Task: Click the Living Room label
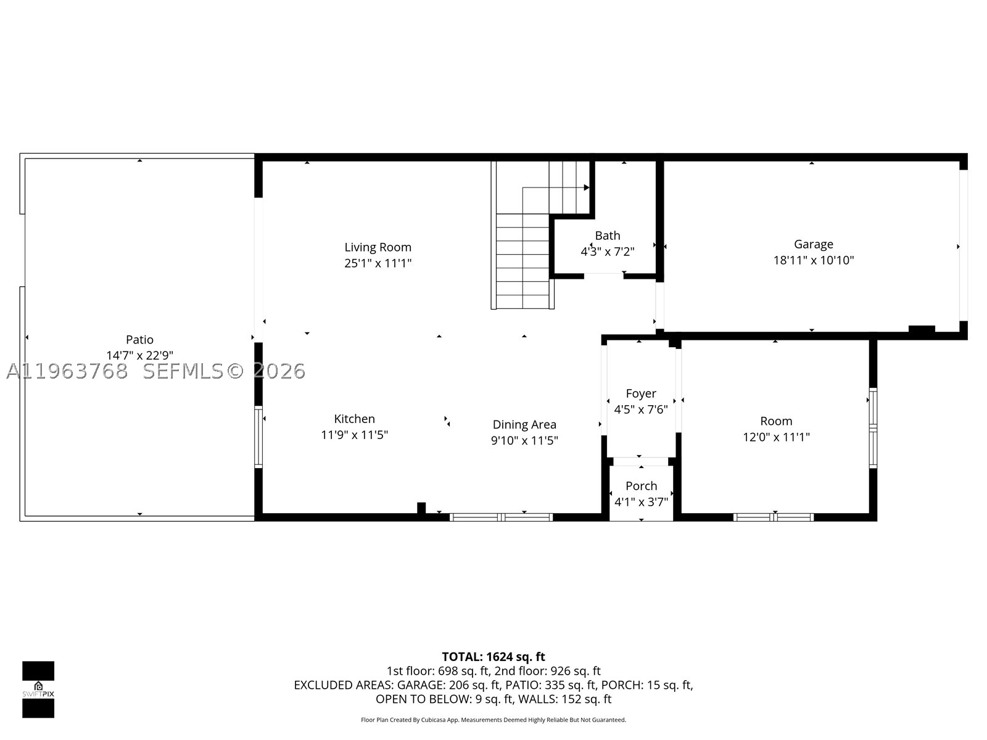point(378,247)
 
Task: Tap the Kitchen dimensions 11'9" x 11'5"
point(354,435)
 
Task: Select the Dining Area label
point(524,425)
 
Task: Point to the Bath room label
point(608,236)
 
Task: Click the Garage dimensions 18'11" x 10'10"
point(814,260)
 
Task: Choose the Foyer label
point(641,393)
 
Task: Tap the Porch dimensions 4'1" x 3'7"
point(641,502)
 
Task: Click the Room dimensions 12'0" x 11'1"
point(776,437)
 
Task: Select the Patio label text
point(139,340)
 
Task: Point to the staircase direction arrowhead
point(587,187)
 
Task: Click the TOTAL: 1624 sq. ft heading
point(493,657)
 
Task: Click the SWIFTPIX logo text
point(38,694)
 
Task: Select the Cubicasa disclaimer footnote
point(493,720)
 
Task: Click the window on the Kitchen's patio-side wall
point(258,437)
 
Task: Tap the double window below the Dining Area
point(502,517)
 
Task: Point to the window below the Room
point(774,517)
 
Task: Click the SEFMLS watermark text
point(183,371)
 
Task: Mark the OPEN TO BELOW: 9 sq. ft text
point(444,699)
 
